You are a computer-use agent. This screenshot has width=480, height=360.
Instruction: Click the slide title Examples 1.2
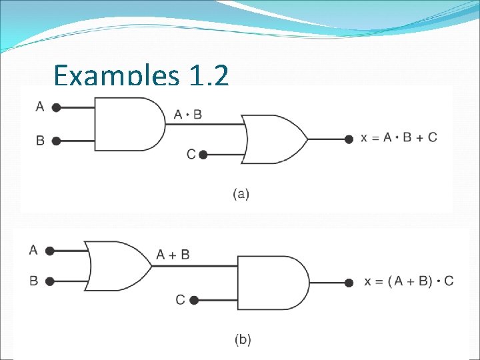point(141,76)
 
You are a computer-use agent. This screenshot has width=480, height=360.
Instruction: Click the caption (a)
point(241,195)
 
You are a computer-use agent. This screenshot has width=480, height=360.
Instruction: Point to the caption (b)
point(243,340)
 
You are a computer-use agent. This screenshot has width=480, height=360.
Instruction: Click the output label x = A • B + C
point(399,138)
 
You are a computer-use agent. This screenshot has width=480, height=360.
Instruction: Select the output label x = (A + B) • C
point(409,281)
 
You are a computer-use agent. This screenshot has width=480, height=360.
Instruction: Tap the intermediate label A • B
point(187,115)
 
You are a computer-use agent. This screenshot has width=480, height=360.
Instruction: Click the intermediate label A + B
point(173,255)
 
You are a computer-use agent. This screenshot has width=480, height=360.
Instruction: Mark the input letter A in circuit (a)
point(40,106)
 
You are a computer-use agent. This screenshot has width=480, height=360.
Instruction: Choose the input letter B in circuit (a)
point(40,141)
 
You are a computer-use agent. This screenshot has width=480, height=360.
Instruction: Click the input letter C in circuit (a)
point(191,155)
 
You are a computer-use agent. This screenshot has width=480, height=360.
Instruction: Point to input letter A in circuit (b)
point(33,250)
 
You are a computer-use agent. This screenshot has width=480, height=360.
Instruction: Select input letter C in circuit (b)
point(180,300)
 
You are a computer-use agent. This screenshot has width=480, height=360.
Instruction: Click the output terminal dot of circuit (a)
point(348,139)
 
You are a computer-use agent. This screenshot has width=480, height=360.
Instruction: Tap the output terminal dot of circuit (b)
point(349,283)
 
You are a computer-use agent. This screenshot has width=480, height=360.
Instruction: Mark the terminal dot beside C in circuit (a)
point(203,155)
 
